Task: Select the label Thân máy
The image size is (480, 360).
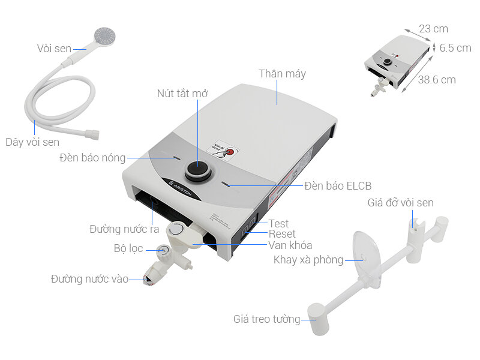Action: point(282,74)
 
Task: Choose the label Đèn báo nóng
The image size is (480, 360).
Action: point(92,158)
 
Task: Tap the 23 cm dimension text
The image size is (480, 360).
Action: point(433,29)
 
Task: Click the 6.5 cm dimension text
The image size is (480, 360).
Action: point(455,48)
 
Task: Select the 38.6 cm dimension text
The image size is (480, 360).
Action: point(437,79)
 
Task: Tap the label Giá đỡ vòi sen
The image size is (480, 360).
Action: point(400,203)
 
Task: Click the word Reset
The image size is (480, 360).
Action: point(282,234)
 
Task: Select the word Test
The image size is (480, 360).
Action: point(278,224)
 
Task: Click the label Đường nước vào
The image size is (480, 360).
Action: point(89,279)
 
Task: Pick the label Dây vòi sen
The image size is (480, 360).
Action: point(32,142)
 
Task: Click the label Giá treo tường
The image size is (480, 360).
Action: point(266,319)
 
